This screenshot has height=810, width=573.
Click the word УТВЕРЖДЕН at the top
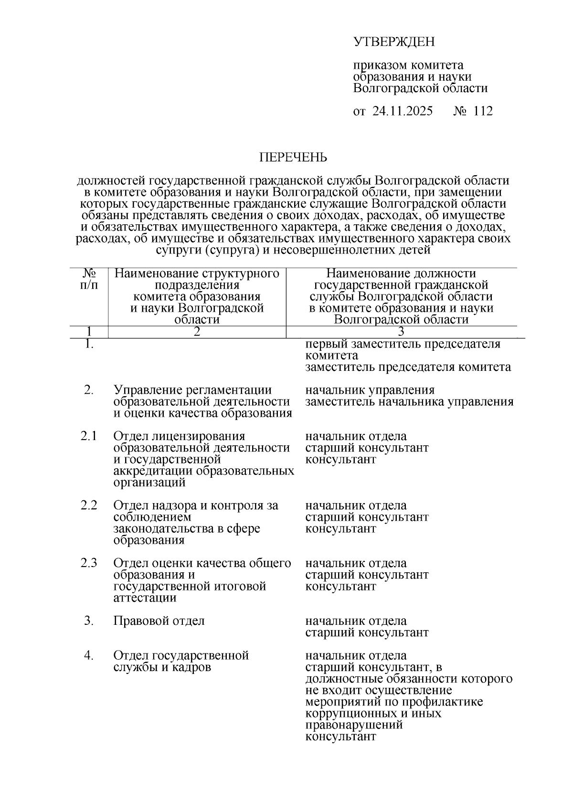point(394,42)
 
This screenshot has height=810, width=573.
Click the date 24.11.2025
point(403,111)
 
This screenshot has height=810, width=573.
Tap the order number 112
point(483,111)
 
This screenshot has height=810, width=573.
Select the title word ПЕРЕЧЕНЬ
point(293,157)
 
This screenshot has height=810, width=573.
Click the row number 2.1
point(88,436)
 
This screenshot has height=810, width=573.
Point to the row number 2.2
point(88,505)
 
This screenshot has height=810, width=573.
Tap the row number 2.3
point(88,563)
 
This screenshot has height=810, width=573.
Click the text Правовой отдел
point(159,621)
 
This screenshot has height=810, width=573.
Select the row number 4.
point(88,655)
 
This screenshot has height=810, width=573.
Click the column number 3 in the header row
point(401,332)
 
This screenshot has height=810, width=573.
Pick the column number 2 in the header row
point(197,332)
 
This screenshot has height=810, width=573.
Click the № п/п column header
point(89,279)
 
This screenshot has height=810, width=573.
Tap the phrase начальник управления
point(370,390)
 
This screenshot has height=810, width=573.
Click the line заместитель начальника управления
point(409,401)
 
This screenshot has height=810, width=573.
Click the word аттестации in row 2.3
point(145,598)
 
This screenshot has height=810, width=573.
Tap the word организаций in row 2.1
point(149,482)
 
